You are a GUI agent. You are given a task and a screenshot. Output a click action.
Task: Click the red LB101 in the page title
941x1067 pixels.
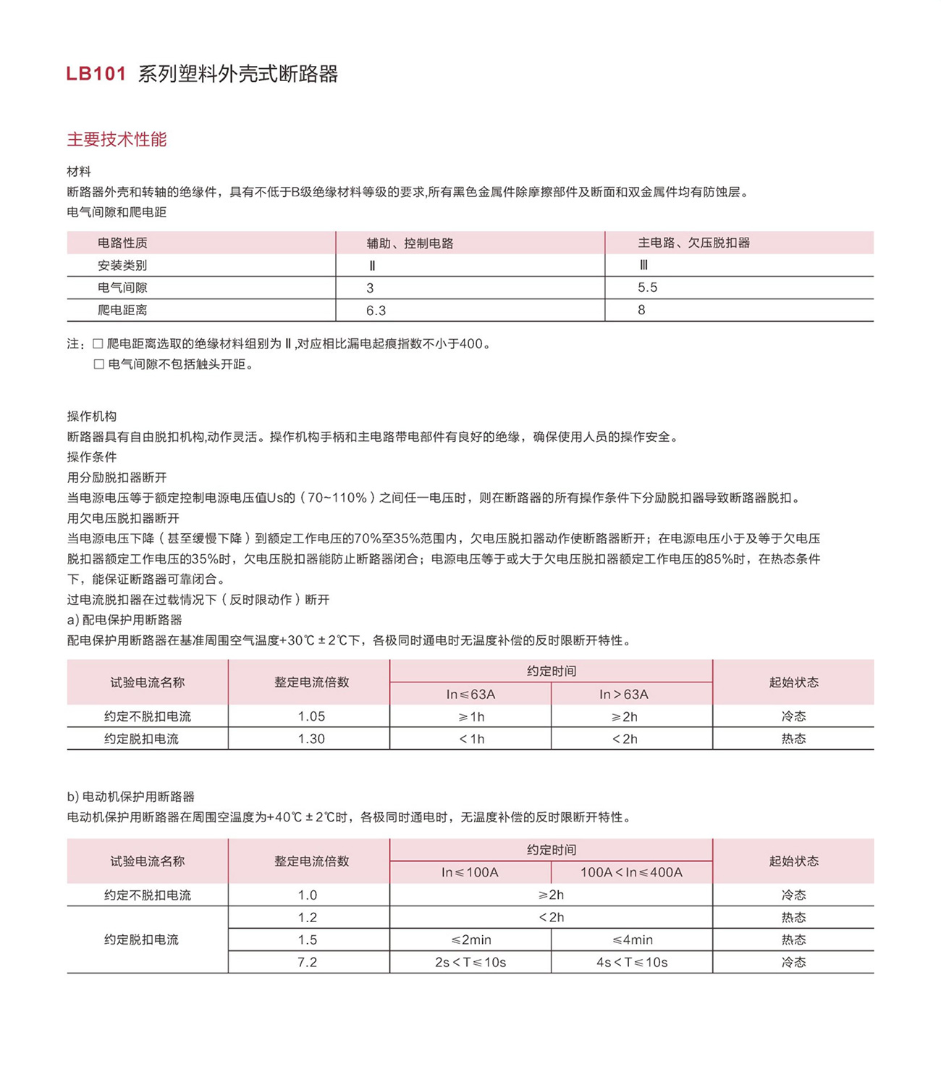pyautogui.click(x=96, y=74)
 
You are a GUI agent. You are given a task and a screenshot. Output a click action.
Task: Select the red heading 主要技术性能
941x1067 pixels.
pyautogui.click(x=117, y=140)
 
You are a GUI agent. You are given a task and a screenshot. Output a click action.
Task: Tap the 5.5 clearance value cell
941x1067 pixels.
pyautogui.click(x=647, y=288)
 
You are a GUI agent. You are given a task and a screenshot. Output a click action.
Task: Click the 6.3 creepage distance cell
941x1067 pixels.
pyautogui.click(x=376, y=310)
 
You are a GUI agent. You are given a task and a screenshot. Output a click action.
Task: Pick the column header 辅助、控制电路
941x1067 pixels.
pyautogui.click(x=410, y=243)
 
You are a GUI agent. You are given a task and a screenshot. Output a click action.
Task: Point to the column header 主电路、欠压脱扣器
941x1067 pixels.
pyautogui.click(x=693, y=243)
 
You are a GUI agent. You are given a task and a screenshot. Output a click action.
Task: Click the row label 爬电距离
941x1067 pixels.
pyautogui.click(x=122, y=310)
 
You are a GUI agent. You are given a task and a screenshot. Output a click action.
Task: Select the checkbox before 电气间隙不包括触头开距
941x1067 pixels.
pyautogui.click(x=99, y=364)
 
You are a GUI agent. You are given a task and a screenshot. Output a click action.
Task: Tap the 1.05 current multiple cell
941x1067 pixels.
pyautogui.click(x=311, y=716)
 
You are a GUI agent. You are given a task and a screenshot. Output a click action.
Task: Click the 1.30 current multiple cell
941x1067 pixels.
pyautogui.click(x=311, y=739)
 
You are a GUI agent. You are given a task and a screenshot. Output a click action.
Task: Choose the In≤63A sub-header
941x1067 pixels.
pyautogui.click(x=470, y=694)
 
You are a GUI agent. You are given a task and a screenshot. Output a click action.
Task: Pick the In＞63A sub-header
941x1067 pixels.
pyautogui.click(x=624, y=694)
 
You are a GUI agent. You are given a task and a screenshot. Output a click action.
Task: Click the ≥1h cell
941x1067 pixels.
pyautogui.click(x=470, y=716)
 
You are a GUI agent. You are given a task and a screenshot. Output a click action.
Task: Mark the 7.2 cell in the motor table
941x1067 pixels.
pyautogui.click(x=308, y=962)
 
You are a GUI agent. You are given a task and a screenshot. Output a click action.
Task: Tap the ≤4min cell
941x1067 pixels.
pyautogui.click(x=632, y=940)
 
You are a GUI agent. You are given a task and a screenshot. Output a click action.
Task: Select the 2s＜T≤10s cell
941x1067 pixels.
pyautogui.click(x=470, y=962)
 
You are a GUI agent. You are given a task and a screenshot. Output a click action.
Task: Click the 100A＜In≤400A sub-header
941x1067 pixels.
pyautogui.click(x=631, y=872)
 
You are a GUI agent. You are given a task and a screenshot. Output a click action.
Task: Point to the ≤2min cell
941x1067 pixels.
pyautogui.click(x=470, y=940)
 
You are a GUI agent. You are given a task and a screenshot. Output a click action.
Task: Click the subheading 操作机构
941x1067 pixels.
pyautogui.click(x=92, y=417)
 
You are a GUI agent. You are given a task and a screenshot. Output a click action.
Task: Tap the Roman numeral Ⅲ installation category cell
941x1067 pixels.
pyautogui.click(x=643, y=265)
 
